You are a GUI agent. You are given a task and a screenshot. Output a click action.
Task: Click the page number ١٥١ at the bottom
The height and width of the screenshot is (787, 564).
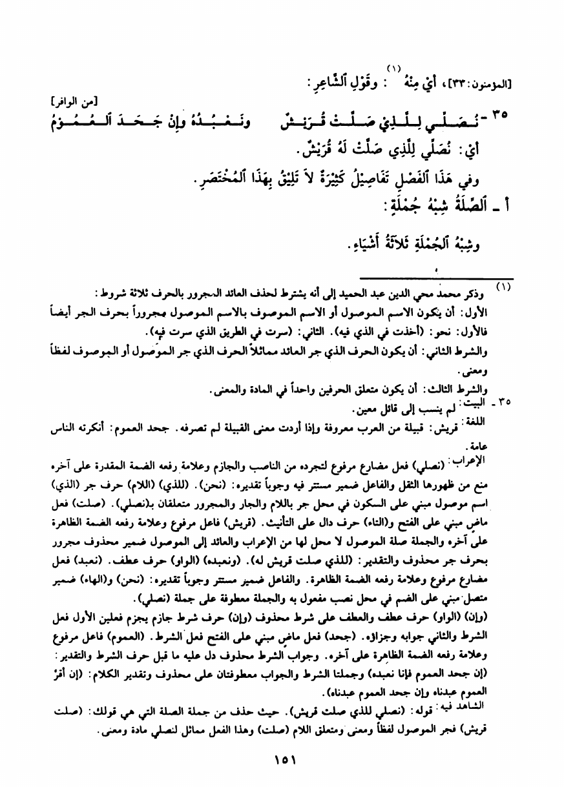282,760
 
